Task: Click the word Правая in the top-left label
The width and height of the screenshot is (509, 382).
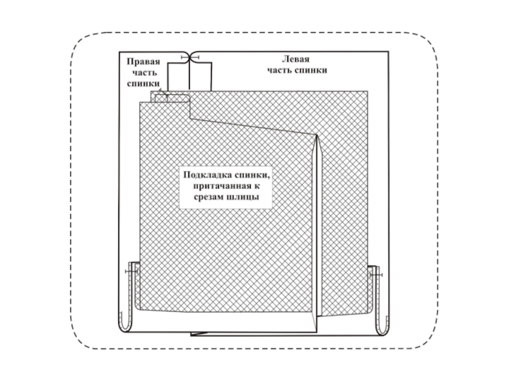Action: click(143, 62)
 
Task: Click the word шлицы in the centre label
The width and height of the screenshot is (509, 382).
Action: click(246, 198)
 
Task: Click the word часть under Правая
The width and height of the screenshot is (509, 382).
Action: click(144, 73)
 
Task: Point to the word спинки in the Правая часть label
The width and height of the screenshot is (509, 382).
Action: click(143, 83)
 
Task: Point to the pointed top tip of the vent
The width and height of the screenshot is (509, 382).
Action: click(317, 136)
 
